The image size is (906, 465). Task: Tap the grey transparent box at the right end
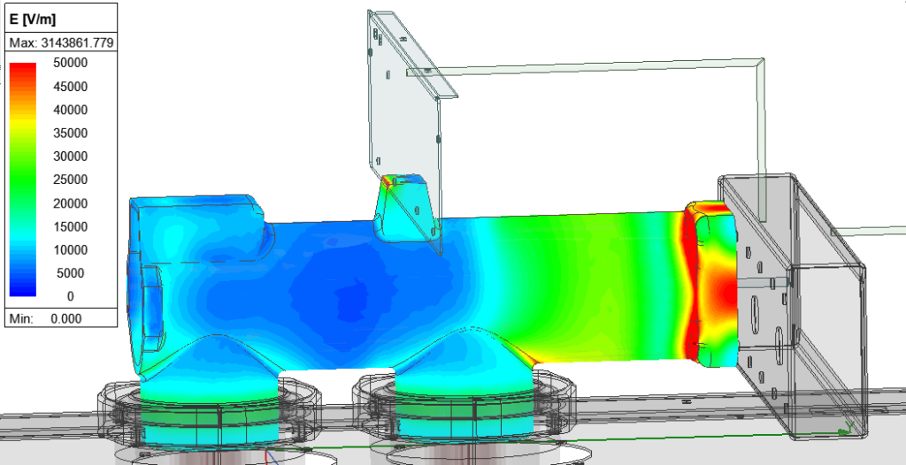pos(796,292)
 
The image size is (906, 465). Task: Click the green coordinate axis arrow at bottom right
pos(845,431)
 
